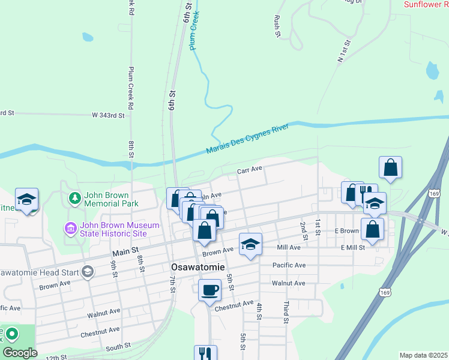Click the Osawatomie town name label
(196, 267)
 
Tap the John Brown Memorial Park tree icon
(74, 197)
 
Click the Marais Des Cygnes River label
(247, 139)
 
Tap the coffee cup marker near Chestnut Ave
(209, 290)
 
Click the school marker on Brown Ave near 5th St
(250, 244)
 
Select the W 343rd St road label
(108, 115)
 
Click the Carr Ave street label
(250, 170)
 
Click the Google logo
(19, 353)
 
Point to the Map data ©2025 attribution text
(423, 355)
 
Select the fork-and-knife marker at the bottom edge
(205, 353)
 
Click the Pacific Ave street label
(289, 265)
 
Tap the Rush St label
(277, 26)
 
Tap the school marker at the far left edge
(27, 200)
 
